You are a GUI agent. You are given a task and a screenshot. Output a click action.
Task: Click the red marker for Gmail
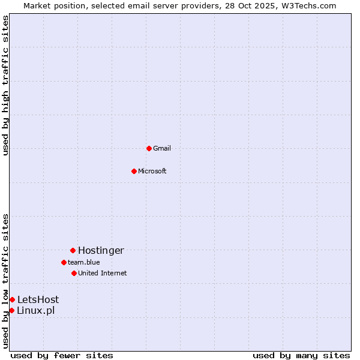(x=149, y=148)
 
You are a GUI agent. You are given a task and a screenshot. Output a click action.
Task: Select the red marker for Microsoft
(x=134, y=171)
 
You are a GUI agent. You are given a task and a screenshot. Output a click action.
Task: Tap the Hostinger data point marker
(x=73, y=250)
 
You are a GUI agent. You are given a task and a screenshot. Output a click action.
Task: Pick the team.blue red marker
(x=64, y=262)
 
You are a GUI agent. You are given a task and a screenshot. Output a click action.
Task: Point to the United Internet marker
(x=74, y=273)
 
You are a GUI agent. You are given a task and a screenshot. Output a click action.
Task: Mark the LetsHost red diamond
(x=12, y=299)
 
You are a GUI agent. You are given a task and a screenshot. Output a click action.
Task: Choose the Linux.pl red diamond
(x=11, y=310)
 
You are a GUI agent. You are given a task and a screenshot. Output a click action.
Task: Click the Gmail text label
(x=162, y=148)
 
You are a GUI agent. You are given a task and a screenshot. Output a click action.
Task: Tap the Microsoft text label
(x=152, y=171)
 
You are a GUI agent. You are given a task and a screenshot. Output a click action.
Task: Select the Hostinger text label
(x=101, y=250)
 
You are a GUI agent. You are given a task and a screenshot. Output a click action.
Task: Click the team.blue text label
(x=84, y=262)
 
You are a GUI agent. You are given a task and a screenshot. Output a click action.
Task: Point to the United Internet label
(x=103, y=273)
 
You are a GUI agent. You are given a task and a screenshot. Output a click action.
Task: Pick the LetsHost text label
(x=38, y=299)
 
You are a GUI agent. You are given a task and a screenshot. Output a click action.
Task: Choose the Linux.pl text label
(x=35, y=310)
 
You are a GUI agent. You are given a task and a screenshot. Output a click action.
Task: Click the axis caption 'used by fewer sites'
(x=62, y=355)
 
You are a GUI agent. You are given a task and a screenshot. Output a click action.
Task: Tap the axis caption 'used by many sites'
(x=301, y=355)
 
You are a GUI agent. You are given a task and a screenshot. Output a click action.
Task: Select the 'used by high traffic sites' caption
(x=5, y=85)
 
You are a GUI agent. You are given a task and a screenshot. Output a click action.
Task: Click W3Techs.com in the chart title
(x=308, y=5)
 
